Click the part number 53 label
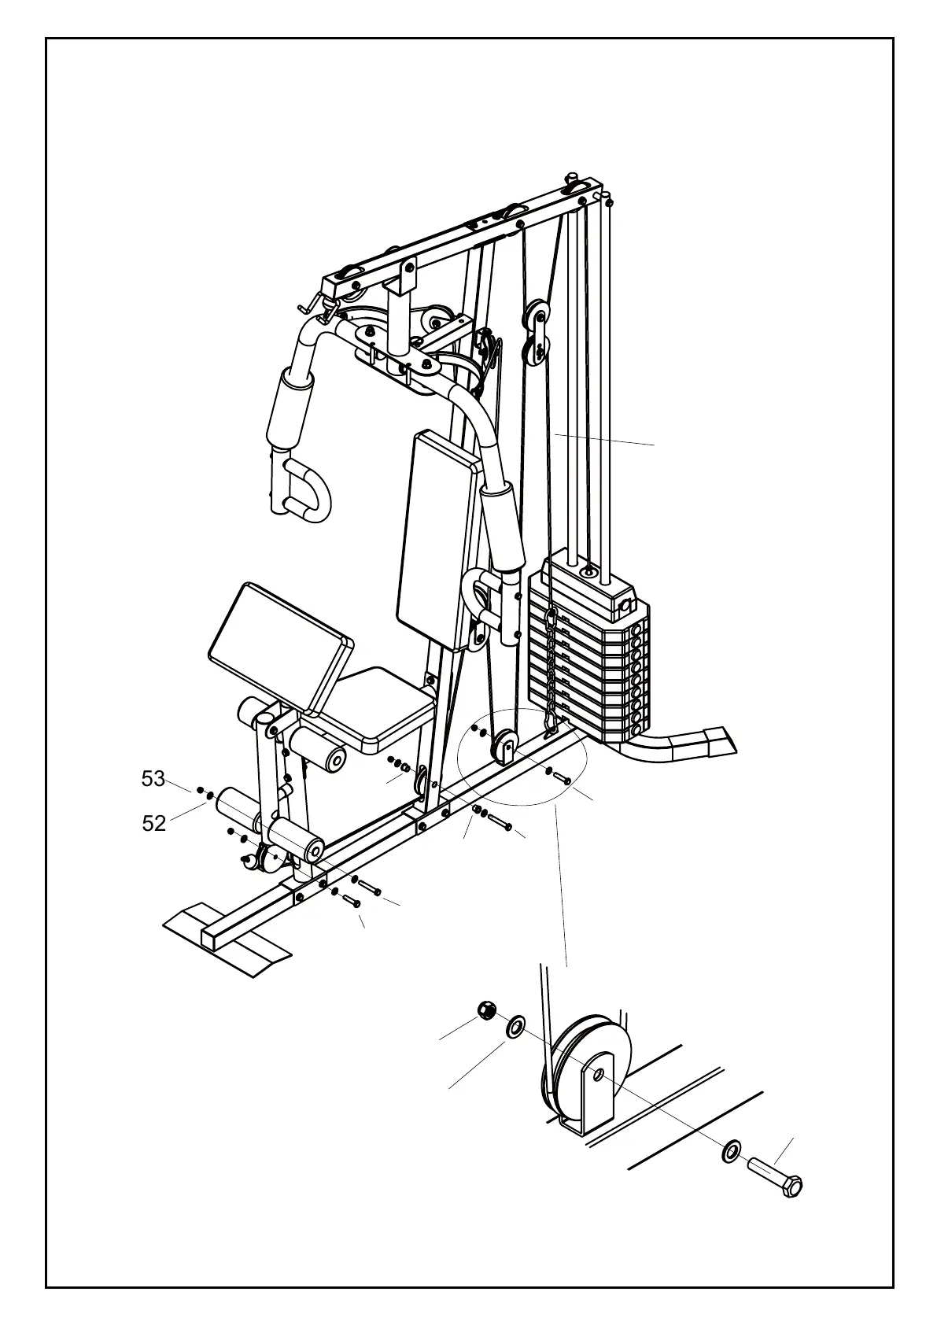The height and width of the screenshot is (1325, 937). click(153, 779)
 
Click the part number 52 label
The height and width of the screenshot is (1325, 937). click(154, 823)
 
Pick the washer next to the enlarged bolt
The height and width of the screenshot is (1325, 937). click(730, 1153)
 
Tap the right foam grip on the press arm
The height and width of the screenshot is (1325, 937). click(503, 526)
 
